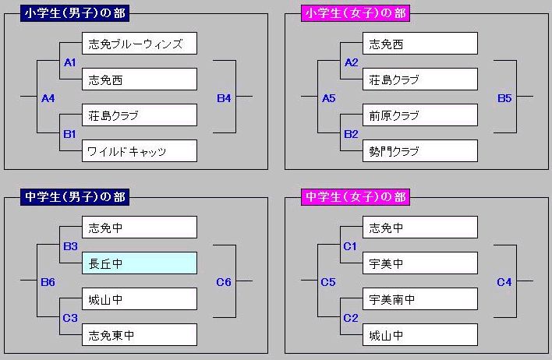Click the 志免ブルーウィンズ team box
coord(140,44)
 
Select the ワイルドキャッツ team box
coord(140,151)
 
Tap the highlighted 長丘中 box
coord(140,263)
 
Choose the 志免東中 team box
coord(140,334)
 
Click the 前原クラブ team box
coord(420,115)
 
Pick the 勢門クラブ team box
coord(420,151)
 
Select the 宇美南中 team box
coord(420,298)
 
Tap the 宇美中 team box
coord(420,263)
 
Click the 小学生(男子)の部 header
coord(75,13)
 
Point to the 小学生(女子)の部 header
coord(356,13)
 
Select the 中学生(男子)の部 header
coord(75,196)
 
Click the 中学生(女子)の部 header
coord(356,196)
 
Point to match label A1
coord(69,62)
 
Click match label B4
coord(224,98)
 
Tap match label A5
coord(329,98)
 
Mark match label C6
coord(224,282)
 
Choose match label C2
coord(351,318)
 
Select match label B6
coord(48,282)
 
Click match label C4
coord(504,282)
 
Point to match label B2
coord(351,134)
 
